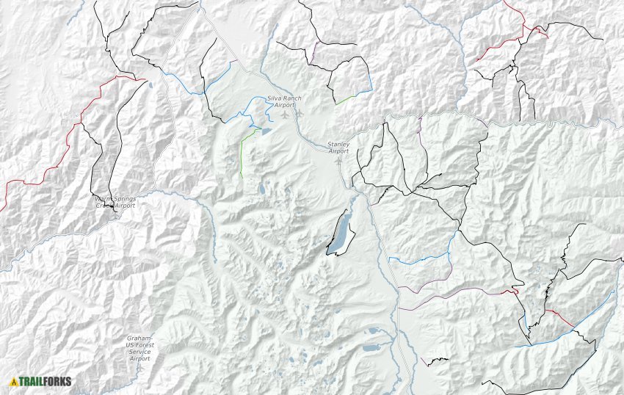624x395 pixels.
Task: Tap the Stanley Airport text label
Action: tap(338, 147)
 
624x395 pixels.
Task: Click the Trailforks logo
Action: tap(41, 381)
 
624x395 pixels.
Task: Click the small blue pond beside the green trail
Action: tap(265, 131)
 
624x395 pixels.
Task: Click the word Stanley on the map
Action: tap(338, 143)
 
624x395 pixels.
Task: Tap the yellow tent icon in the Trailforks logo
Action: tap(14, 382)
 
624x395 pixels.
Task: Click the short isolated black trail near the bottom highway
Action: tap(435, 360)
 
